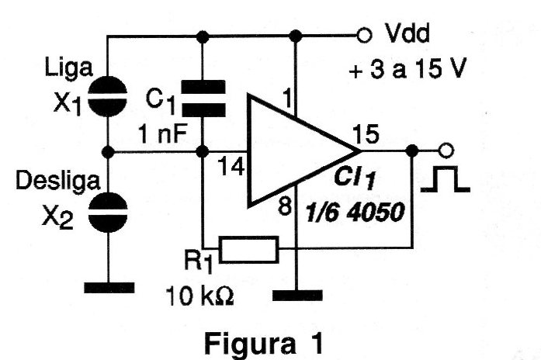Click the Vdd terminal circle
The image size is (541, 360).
pos(362,35)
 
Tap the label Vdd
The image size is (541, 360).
pos(405,35)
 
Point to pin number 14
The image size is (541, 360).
pos(229,165)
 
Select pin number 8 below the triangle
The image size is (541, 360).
pos(286,207)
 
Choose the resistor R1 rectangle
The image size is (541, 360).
pos(248,248)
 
